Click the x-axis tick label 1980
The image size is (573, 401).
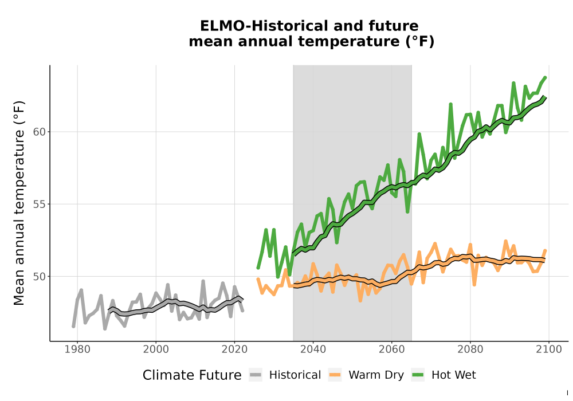click(77, 349)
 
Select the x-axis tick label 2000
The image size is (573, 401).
click(156, 349)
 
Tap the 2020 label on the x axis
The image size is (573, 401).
click(234, 349)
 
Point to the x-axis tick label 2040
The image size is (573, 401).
click(313, 349)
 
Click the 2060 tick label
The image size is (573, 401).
click(392, 349)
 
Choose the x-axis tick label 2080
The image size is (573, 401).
click(470, 349)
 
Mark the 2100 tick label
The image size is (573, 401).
click(549, 349)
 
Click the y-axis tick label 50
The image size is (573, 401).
click(40, 277)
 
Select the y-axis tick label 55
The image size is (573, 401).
click(40, 204)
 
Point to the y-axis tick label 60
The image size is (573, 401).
click(40, 132)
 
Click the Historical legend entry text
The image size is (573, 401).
click(295, 375)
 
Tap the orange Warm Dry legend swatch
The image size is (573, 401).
click(335, 375)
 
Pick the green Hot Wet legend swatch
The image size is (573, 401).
click(418, 375)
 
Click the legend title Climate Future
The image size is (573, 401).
click(192, 375)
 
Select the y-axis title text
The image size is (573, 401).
click(19, 203)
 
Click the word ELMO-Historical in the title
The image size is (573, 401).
click(259, 26)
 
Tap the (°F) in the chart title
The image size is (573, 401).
click(419, 42)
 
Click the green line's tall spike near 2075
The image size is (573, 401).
click(450, 104)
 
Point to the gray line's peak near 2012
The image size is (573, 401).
click(203, 281)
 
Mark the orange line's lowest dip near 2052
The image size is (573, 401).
click(360, 301)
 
